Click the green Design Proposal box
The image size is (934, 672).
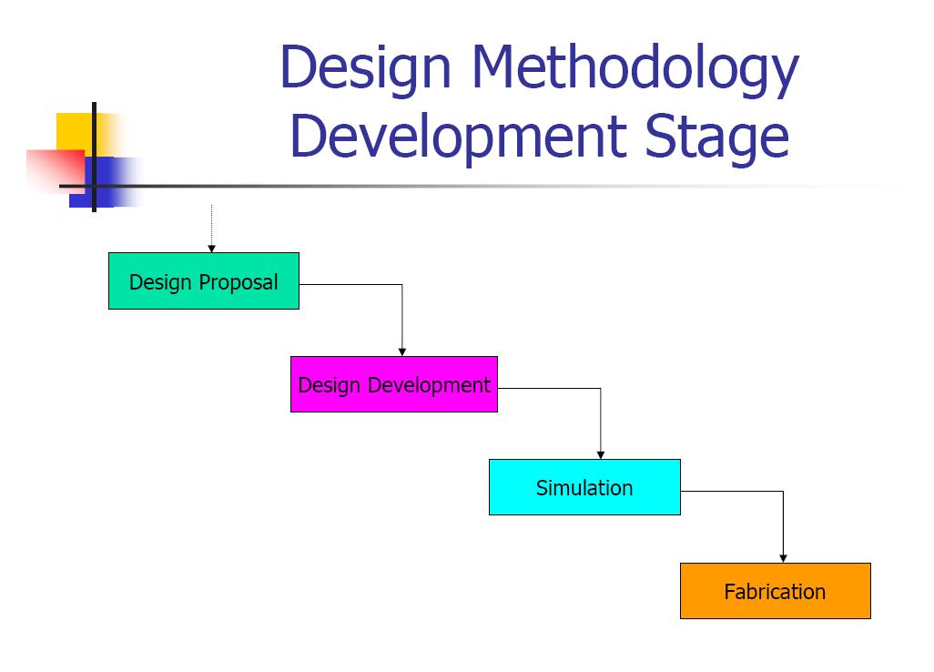tap(203, 280)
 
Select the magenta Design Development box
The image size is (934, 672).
tap(393, 384)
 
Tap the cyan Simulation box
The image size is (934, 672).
tap(584, 487)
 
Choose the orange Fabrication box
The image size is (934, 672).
tap(775, 591)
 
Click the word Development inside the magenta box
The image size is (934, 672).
tap(429, 385)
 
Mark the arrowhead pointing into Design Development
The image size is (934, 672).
tap(401, 351)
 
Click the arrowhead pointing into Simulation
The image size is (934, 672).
tap(600, 454)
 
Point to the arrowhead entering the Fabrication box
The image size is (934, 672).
tap(783, 558)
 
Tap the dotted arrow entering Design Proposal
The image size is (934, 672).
tap(211, 228)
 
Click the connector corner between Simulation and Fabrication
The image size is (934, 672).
tap(783, 492)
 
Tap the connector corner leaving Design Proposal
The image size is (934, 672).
tap(401, 285)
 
